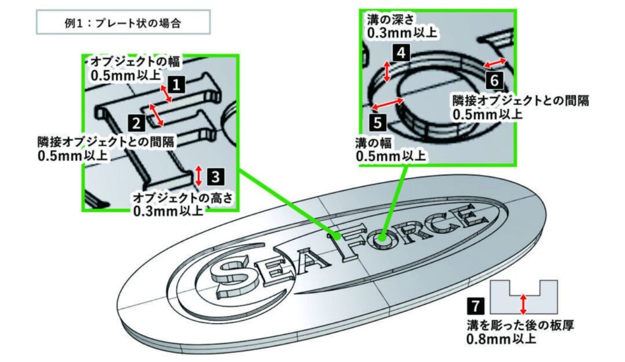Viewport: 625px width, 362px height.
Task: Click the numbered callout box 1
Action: pos(176,85)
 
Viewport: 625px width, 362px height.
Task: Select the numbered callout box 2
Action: pos(136,123)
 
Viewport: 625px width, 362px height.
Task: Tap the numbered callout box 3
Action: pos(215,176)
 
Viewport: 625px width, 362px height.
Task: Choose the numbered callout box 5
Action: pos(377,122)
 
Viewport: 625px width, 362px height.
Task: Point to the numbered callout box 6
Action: pos(494,81)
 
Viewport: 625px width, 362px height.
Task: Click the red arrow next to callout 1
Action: pos(166,93)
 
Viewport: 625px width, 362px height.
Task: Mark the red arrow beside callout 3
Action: pos(199,176)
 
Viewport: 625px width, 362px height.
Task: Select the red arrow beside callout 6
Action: pos(494,63)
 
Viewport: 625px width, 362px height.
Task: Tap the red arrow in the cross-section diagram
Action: pos(523,304)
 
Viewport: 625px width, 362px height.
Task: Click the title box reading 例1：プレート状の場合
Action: pos(123,23)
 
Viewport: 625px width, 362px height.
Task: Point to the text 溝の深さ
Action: pos(390,19)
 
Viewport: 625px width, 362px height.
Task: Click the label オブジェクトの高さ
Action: pos(182,198)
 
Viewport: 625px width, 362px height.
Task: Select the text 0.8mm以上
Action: pos(501,339)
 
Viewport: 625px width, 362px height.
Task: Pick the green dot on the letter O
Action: pos(382,239)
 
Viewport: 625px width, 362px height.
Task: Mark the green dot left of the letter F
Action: pos(338,236)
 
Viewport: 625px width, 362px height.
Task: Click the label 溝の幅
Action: pos(373,143)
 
